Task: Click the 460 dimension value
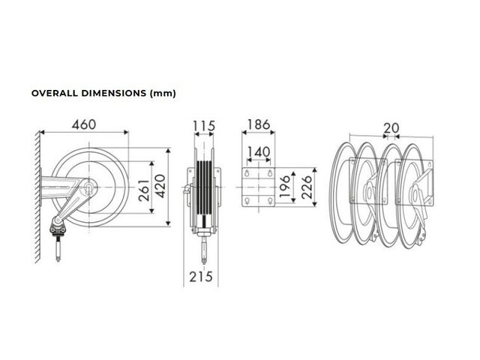84,124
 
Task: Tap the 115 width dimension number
204,126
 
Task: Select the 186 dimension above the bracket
258,124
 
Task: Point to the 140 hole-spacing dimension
259,151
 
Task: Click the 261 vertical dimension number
144,190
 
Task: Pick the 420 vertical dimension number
160,186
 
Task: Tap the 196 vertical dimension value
285,186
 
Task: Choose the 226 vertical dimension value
307,187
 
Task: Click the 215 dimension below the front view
201,277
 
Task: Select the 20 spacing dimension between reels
391,128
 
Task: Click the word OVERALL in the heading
55,93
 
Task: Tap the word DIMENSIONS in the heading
113,93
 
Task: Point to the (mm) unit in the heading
163,93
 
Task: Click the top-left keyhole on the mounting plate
247,173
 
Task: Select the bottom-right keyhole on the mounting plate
270,201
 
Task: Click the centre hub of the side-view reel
88,187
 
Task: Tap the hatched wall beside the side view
37,196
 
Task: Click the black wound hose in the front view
204,188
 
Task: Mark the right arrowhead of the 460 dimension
126,132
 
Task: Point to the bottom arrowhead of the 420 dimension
168,223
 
